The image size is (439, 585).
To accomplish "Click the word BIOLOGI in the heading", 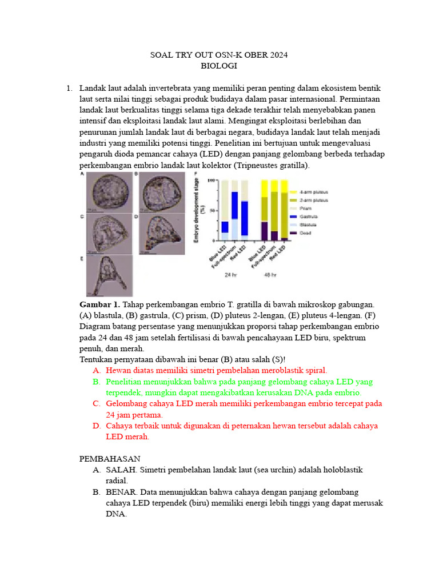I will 218,66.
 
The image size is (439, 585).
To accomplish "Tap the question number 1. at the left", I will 69,88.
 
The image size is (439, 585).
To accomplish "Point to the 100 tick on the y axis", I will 211,181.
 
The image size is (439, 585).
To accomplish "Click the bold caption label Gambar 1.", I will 99,304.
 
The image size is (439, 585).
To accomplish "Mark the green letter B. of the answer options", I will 96,382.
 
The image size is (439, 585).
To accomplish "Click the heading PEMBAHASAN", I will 109,459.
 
